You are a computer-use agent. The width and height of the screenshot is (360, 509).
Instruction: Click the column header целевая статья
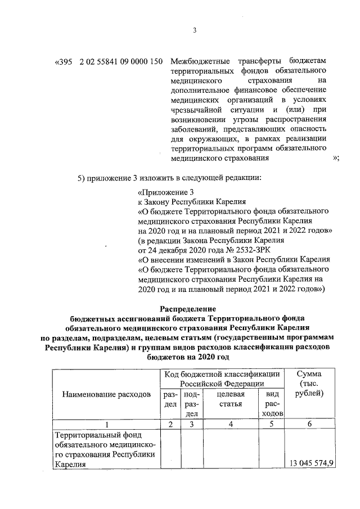(229, 399)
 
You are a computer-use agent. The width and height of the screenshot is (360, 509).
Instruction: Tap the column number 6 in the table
(309, 424)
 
